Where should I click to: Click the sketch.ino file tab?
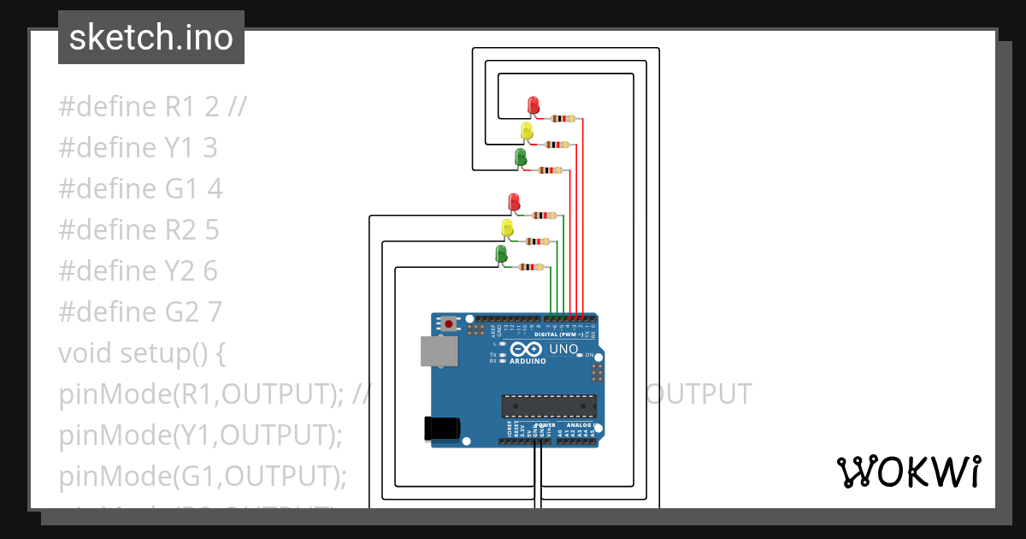coord(151,38)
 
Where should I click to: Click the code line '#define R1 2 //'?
coord(152,107)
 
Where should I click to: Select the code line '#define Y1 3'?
coord(138,148)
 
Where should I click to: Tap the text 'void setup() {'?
coord(151,353)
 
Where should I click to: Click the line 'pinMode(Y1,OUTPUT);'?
coord(200,435)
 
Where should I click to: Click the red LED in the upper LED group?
coord(534,105)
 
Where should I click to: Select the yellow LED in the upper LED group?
coord(527,131)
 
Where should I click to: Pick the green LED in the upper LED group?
coord(520,157)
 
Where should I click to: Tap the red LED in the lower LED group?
coord(514,203)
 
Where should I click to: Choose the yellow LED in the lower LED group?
coord(507,228)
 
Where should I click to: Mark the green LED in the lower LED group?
coord(500,254)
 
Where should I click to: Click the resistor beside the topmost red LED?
coord(563,119)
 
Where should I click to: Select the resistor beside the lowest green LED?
coord(531,268)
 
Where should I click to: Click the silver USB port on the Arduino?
coord(439,352)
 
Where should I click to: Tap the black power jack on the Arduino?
coord(443,428)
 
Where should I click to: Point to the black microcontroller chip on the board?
coord(548,406)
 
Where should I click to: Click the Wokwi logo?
coord(908,471)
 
